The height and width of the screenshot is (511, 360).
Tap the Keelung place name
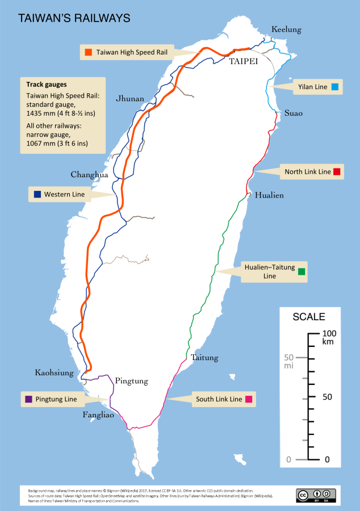point(287,30)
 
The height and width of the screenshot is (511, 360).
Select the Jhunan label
point(130,98)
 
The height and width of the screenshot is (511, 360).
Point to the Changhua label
point(89,175)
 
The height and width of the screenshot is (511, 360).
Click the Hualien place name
point(269,195)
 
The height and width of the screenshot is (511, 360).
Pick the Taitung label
point(204,358)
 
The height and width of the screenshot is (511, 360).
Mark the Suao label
point(294,113)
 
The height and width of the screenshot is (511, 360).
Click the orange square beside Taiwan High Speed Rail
point(88,52)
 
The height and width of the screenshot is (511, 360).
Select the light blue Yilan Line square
point(335,87)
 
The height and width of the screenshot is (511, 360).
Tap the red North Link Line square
point(337,171)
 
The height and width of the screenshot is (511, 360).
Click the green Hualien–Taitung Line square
point(302,272)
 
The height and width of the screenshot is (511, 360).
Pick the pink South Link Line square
point(248,400)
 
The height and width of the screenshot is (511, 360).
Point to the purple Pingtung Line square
point(28,400)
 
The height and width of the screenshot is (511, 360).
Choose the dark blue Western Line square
point(37,195)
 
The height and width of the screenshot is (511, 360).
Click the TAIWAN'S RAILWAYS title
point(74,18)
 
